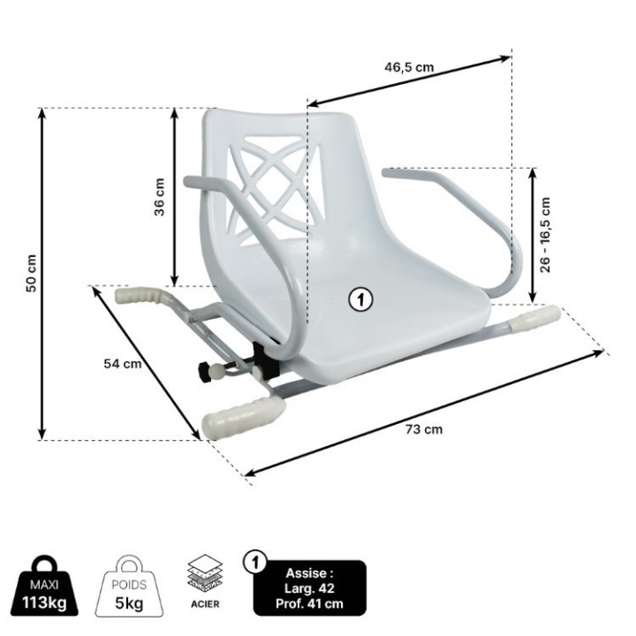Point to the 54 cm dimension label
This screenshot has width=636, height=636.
click(123, 363)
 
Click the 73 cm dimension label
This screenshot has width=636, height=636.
click(425, 429)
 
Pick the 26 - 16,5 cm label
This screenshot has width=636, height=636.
click(546, 234)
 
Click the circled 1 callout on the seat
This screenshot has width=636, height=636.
click(360, 299)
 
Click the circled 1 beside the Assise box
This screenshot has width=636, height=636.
click(256, 562)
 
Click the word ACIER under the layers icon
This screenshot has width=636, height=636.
click(205, 606)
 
